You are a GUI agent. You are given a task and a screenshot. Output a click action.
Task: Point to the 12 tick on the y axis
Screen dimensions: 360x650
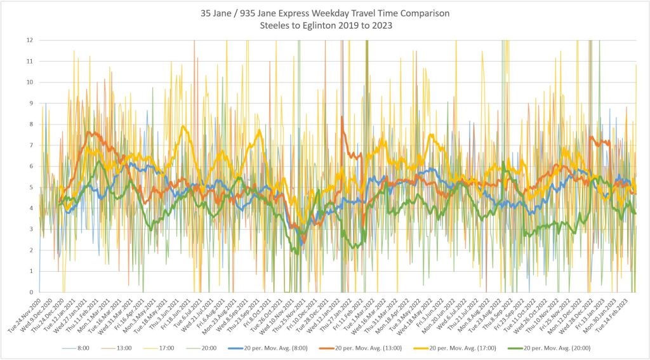(29, 40)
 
